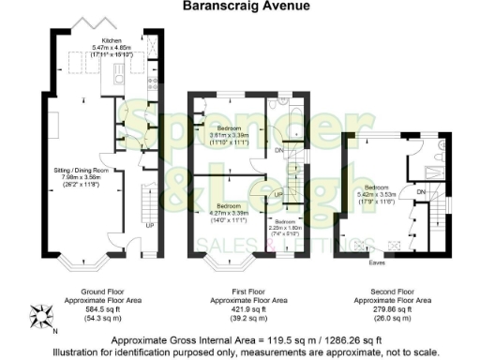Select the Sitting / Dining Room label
[85, 174]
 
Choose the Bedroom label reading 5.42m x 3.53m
[377, 193]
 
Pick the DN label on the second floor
[421, 190]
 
